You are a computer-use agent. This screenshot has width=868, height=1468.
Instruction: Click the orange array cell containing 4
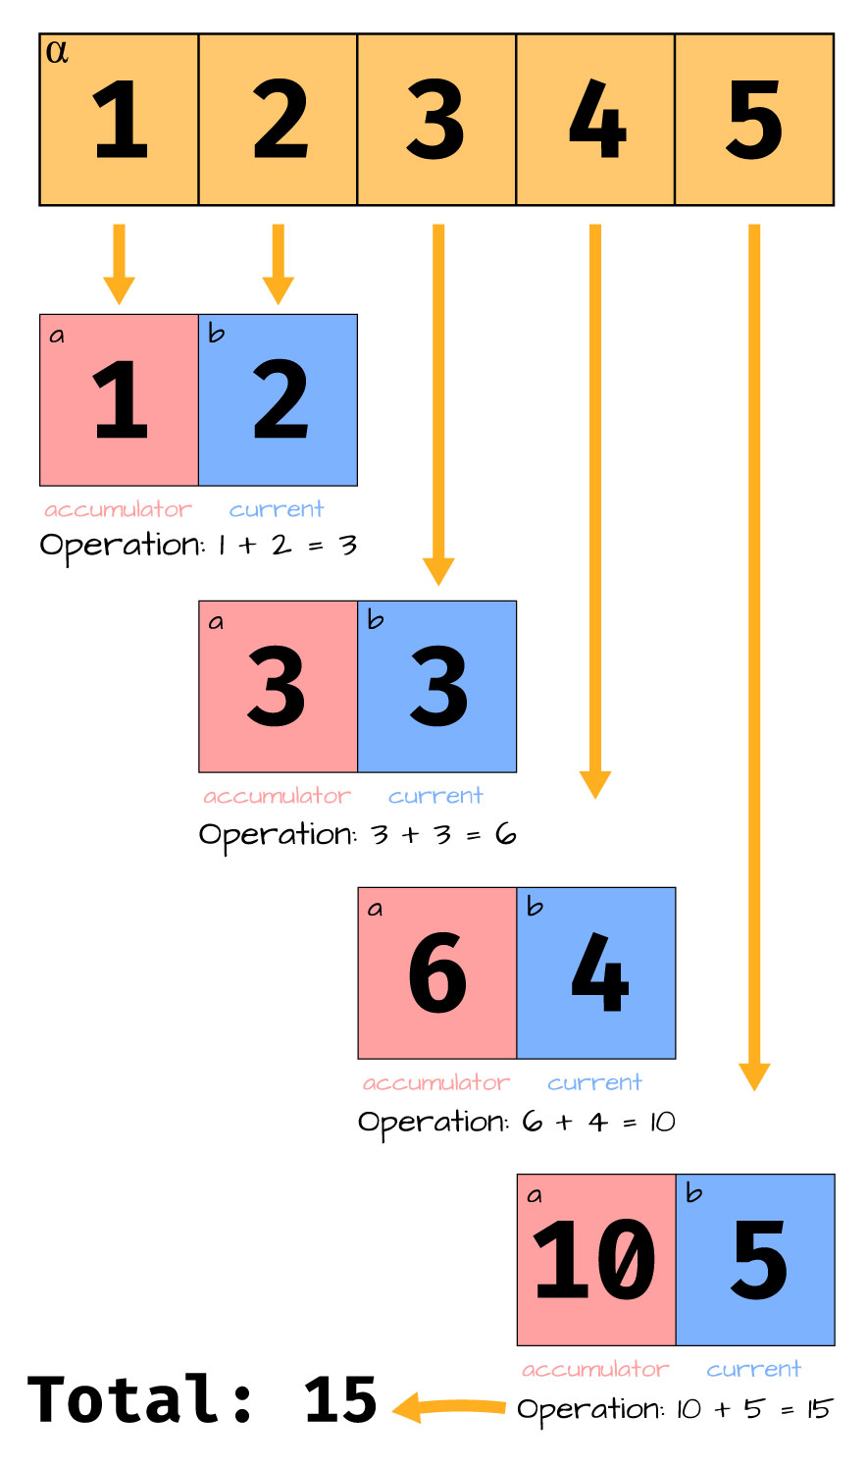(595, 120)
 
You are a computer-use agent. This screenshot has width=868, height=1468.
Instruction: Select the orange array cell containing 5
(754, 120)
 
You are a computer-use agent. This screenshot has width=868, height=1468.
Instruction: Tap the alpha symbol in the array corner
(57, 51)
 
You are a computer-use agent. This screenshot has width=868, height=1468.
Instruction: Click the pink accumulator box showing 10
(595, 1259)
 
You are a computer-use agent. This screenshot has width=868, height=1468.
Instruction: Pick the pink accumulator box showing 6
(436, 972)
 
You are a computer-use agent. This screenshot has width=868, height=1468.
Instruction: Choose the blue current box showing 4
(596, 972)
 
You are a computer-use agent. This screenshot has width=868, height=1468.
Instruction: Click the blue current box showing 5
(755, 1259)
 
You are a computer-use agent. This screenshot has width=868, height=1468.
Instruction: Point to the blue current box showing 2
(278, 399)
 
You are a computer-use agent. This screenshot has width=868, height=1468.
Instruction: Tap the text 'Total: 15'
(202, 1399)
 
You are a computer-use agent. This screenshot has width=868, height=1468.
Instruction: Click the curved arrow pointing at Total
(449, 1408)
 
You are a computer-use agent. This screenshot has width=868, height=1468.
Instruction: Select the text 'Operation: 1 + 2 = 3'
(198, 546)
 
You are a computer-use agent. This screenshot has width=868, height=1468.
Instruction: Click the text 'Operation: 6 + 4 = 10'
(516, 1122)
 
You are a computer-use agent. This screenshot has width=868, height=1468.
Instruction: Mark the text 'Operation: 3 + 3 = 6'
(357, 835)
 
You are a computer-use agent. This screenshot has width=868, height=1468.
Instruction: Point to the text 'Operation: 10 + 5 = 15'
(675, 1410)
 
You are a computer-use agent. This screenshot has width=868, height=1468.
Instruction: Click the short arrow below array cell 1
(119, 263)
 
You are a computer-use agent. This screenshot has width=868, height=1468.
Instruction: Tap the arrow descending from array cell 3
(438, 403)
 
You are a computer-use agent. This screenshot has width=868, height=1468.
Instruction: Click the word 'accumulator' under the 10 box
(595, 1369)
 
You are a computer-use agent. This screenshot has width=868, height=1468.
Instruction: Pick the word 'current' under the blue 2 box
(277, 509)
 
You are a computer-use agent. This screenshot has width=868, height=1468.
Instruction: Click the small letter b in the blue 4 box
(535, 906)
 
